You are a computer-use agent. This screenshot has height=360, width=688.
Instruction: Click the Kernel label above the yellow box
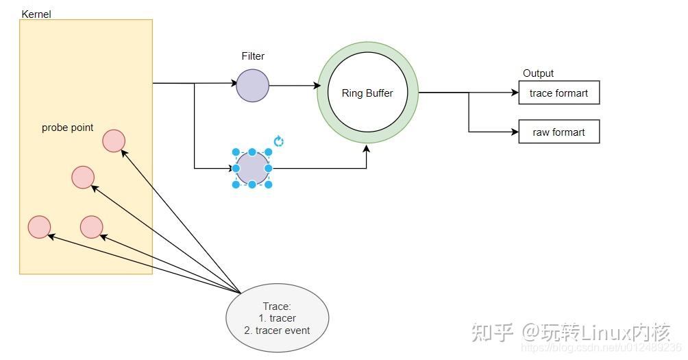[x=36, y=14]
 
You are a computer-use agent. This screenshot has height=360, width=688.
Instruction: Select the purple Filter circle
[x=252, y=86]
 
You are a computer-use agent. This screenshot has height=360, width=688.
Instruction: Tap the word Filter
[x=253, y=56]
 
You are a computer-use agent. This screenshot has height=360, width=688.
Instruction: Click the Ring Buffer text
[x=367, y=93]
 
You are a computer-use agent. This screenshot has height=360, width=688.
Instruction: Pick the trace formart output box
[x=559, y=93]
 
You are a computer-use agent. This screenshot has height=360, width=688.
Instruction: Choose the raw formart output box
[x=559, y=132]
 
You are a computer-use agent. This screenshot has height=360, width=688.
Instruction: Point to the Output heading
[x=538, y=73]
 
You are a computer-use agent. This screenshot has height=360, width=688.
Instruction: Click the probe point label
[x=68, y=128]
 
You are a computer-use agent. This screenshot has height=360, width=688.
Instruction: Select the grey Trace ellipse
[x=278, y=318]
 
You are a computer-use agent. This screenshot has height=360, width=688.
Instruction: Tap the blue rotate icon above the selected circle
[x=279, y=141]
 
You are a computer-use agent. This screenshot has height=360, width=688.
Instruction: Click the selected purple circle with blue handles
[x=252, y=168]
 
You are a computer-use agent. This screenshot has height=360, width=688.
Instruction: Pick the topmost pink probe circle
[x=114, y=141]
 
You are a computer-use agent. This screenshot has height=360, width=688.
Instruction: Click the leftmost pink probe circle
[x=39, y=227]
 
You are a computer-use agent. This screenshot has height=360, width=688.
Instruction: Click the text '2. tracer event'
[x=277, y=331]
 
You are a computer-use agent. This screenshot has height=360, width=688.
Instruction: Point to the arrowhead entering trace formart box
[x=515, y=93]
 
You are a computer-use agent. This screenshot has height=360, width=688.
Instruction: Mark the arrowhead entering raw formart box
[x=515, y=132]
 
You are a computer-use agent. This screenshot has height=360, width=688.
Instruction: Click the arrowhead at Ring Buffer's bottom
[x=367, y=148]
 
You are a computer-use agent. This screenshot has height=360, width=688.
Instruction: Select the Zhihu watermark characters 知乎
[x=492, y=333]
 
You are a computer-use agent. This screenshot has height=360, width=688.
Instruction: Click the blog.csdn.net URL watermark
[x=601, y=348]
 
